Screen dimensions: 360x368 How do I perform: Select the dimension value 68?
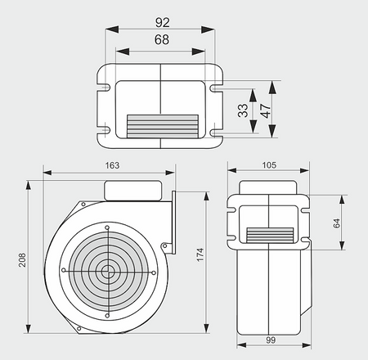[161, 39]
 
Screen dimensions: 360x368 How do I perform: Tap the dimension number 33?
[243, 110]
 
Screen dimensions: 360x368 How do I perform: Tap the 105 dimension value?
[269, 164]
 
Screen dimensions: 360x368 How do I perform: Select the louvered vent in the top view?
[161, 125]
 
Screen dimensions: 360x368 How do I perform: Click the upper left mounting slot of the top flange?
[105, 83]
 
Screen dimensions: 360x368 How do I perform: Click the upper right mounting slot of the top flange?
[216, 83]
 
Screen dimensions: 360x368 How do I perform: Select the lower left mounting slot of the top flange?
[105, 129]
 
